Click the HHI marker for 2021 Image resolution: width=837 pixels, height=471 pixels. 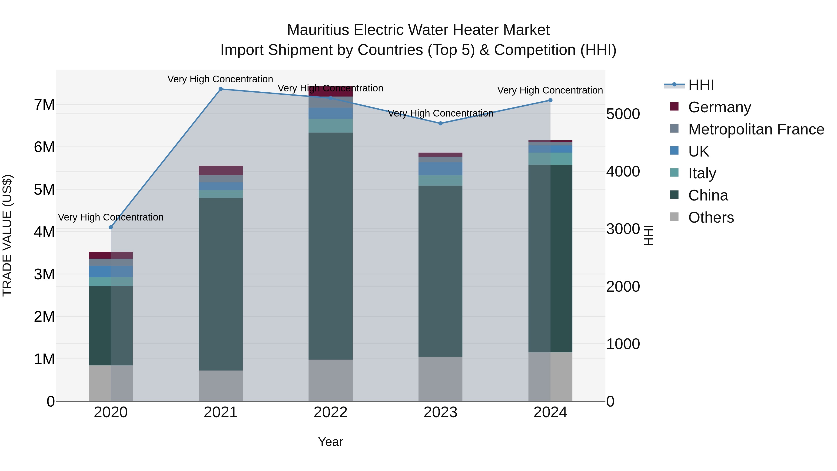221,89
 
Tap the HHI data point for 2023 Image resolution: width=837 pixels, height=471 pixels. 440,124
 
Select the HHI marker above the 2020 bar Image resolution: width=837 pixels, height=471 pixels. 111,227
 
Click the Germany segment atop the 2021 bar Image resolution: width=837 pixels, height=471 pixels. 221,171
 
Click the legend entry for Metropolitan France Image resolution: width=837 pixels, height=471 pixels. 756,129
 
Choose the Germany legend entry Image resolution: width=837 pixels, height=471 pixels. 719,107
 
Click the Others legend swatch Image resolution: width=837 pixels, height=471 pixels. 674,217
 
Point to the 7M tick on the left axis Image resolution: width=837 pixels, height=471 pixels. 44,105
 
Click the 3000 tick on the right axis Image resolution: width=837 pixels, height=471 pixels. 623,229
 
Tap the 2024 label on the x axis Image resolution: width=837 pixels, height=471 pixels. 550,412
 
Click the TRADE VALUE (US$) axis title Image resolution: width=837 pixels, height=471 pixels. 7,235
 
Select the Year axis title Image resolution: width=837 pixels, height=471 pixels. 330,442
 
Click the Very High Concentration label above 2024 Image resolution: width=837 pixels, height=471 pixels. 550,90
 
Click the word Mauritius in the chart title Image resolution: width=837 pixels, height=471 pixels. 319,30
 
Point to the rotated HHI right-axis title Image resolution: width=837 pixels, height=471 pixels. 648,235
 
